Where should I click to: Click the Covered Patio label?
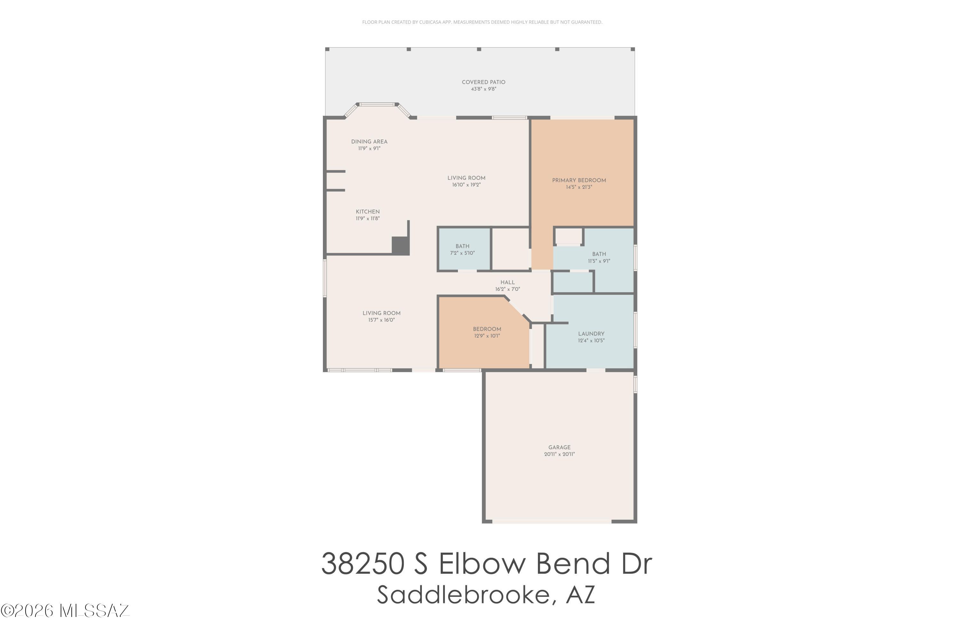(x=483, y=82)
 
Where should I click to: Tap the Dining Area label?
(x=369, y=142)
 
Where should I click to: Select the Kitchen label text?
(x=368, y=212)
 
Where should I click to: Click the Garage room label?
(x=559, y=447)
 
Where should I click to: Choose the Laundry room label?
(x=591, y=333)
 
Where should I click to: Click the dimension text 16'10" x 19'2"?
(x=466, y=185)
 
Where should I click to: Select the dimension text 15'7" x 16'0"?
(x=381, y=320)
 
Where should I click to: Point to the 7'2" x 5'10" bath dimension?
(x=462, y=253)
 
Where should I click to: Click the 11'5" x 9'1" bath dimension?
(x=599, y=261)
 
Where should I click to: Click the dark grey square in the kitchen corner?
(x=400, y=245)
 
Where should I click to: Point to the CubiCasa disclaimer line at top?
(x=482, y=22)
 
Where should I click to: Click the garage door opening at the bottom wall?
(x=552, y=521)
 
